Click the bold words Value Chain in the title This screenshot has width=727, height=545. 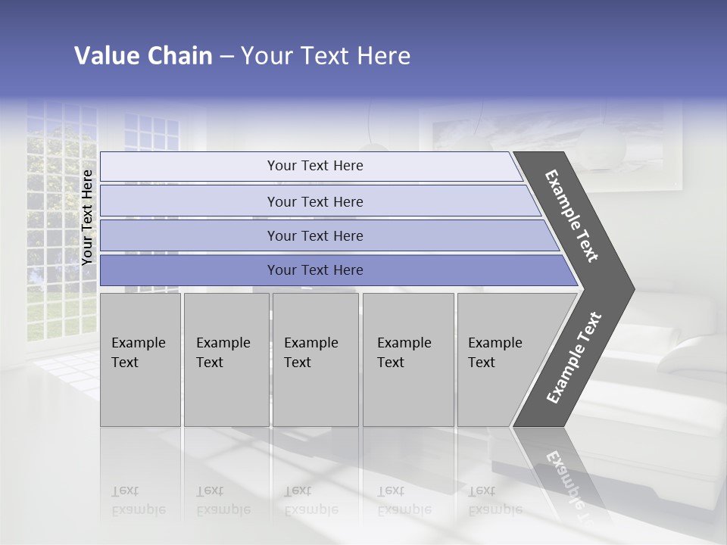point(143,56)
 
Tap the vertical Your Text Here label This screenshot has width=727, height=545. point(88,217)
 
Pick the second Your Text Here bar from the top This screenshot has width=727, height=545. point(315,201)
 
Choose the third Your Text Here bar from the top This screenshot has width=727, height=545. point(315,236)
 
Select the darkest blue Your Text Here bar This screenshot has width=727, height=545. point(315,270)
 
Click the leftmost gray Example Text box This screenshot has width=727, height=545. point(140,360)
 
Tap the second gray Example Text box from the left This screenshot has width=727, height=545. point(226,360)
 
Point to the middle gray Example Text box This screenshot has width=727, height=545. point(315,360)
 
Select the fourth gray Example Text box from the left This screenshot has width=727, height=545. point(408,360)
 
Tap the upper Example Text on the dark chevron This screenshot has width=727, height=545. point(572,216)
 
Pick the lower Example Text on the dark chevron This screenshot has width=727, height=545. point(573,358)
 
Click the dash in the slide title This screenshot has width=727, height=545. point(226,57)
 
